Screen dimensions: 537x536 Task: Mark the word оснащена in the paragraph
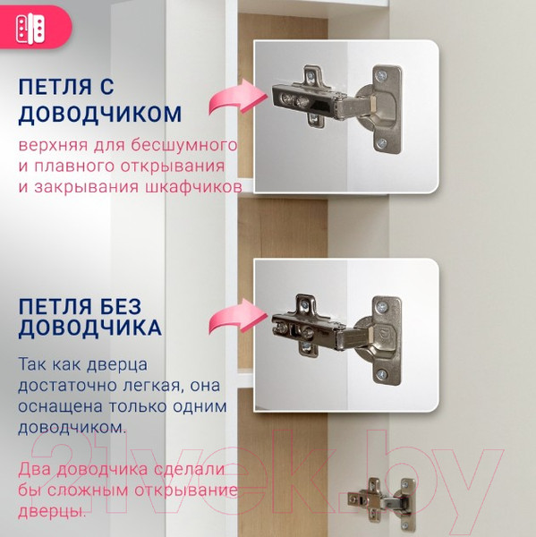tap(60, 407)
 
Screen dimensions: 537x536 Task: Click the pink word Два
tap(34, 471)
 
